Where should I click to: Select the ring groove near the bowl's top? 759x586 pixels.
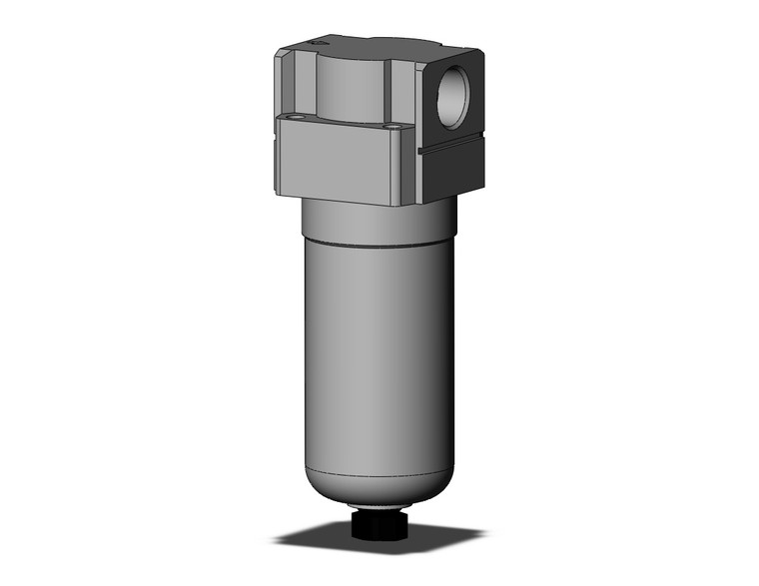tap(378, 243)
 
